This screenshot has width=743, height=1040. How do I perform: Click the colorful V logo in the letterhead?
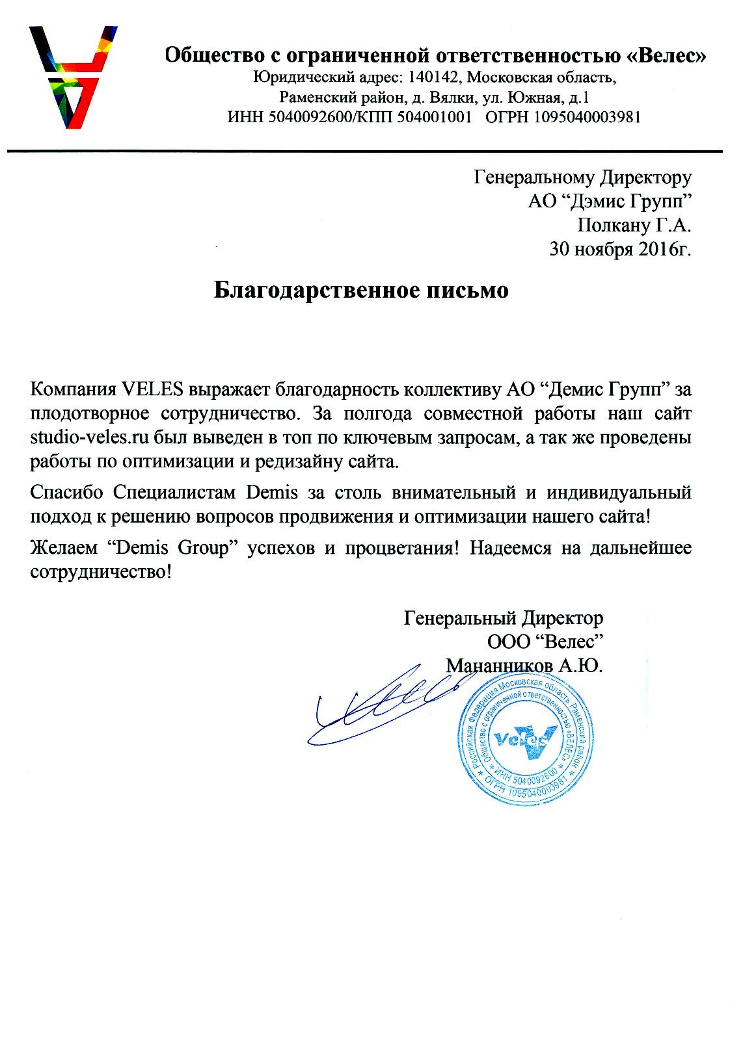pyautogui.click(x=73, y=76)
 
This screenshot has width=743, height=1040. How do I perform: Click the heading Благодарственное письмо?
pyautogui.click(x=361, y=290)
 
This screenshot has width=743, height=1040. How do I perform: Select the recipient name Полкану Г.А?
pyautogui.click(x=634, y=225)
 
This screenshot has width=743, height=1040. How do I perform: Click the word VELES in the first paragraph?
pyautogui.click(x=154, y=391)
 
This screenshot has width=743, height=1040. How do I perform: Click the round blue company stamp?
pyautogui.click(x=524, y=738)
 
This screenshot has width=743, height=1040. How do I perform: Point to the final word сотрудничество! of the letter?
pyautogui.click(x=103, y=571)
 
